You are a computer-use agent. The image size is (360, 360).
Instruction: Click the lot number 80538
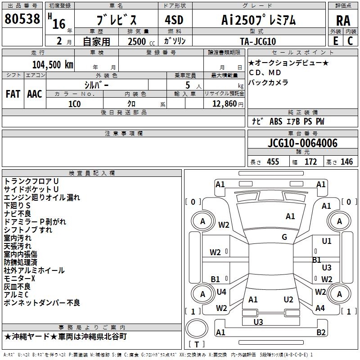tap(22, 19)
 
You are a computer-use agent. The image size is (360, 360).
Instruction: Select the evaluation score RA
tap(343, 20)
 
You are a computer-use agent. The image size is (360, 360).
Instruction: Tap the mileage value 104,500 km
tap(53, 64)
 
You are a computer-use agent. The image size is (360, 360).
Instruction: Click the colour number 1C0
tap(74, 103)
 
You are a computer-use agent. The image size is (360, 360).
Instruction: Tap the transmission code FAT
tap(13, 94)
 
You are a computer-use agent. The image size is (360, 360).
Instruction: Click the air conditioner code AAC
tap(34, 94)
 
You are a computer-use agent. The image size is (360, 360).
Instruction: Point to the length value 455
tap(273, 162)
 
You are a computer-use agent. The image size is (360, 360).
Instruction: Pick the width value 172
tap(311, 162)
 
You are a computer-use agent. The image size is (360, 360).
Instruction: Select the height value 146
tap(346, 162)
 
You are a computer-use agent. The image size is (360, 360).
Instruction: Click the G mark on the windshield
tap(284, 237)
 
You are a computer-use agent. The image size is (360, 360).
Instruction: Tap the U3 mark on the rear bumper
tap(258, 322)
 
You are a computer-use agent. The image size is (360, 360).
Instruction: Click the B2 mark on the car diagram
tap(321, 333)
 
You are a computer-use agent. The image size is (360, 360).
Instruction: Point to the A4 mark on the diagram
tap(320, 308)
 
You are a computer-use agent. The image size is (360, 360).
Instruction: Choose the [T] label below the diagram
tap(197, 344)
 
